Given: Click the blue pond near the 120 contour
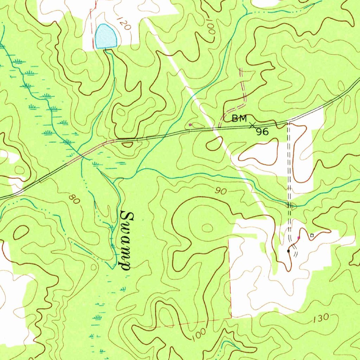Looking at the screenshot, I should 106,37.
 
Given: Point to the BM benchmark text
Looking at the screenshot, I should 239,119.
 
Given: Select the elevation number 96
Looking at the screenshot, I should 262,132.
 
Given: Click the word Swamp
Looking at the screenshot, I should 125,240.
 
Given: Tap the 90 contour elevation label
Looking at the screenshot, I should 221,191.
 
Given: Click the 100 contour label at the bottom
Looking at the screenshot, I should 199,334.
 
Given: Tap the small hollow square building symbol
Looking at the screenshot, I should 311,235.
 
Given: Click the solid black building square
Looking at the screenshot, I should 288,251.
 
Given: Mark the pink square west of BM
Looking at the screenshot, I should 190,124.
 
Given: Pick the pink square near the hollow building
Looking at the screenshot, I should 299,238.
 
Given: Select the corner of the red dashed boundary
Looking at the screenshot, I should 231,318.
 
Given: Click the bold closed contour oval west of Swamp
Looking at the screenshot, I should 20,232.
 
